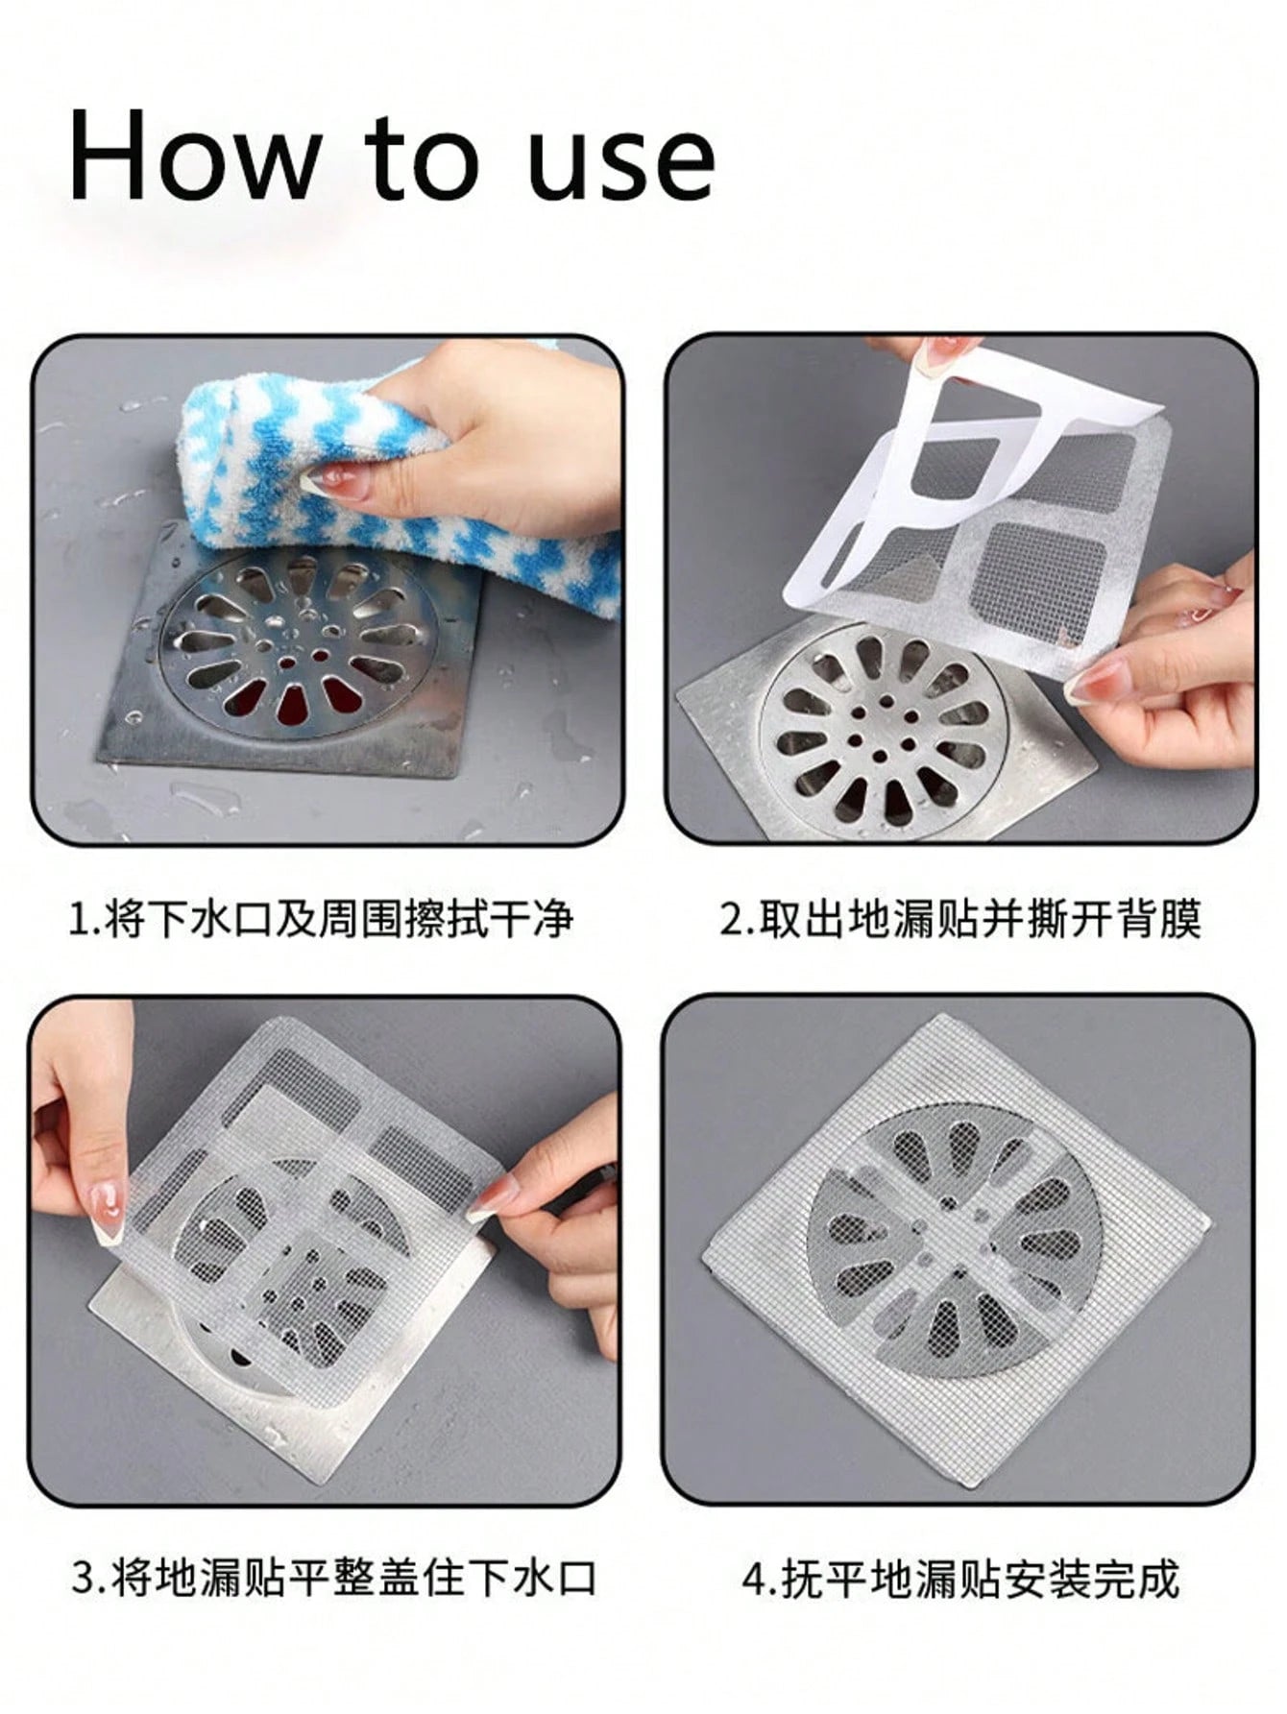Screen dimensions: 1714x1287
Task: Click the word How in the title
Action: [192, 157]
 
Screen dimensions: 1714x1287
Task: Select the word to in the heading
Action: [420, 163]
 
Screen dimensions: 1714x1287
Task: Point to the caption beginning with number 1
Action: [321, 919]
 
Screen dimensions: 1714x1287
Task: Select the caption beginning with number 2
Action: [960, 919]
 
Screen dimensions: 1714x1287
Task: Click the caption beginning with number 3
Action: [334, 1578]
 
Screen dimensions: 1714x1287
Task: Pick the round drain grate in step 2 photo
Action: [882, 735]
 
